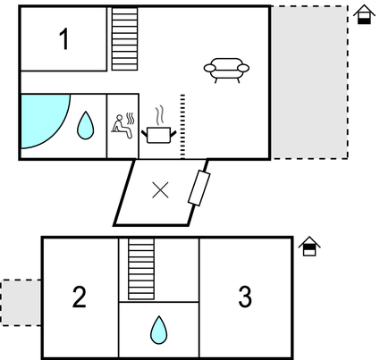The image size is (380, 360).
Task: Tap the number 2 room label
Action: (x=80, y=297)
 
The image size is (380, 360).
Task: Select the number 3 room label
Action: (x=245, y=297)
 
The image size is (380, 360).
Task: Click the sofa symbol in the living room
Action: (x=226, y=69)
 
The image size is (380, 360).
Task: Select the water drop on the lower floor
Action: (x=158, y=330)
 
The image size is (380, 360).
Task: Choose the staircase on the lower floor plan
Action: (x=141, y=268)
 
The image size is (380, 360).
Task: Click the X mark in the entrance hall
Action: (x=160, y=189)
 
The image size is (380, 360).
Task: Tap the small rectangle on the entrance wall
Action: (x=198, y=189)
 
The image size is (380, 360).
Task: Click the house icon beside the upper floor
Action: (x=364, y=15)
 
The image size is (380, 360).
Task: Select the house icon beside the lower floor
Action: (x=309, y=246)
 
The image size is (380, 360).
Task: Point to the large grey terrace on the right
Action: (x=308, y=82)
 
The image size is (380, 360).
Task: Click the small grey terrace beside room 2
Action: (x=21, y=302)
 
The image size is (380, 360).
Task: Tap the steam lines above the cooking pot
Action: (x=159, y=115)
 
